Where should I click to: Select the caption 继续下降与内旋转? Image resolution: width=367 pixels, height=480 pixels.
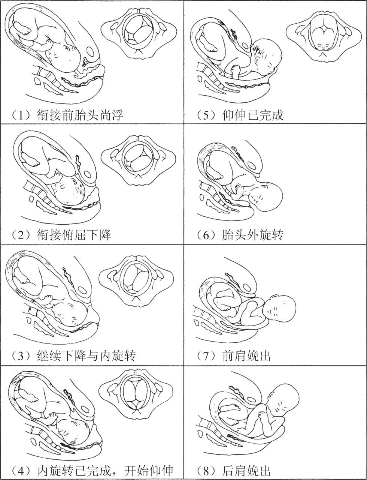[x=86, y=355]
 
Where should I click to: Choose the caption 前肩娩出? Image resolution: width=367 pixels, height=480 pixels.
[x=246, y=355]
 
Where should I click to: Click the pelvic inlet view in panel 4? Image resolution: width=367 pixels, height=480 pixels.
[x=136, y=397]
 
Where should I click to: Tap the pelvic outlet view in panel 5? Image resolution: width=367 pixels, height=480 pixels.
[x=324, y=36]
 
